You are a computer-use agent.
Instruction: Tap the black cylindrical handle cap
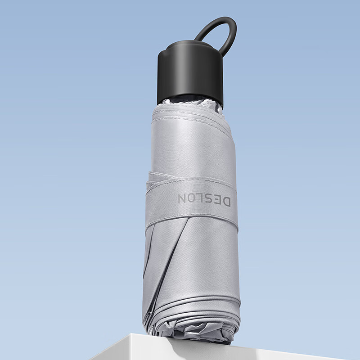[190, 73]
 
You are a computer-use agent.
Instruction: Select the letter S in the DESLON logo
[207, 199]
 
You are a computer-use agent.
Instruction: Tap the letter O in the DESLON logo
[190, 198]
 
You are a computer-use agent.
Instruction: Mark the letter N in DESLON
[182, 198]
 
